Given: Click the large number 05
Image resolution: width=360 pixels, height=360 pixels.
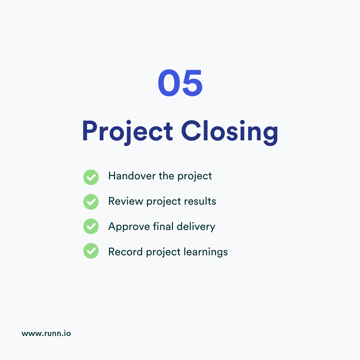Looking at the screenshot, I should (x=180, y=83).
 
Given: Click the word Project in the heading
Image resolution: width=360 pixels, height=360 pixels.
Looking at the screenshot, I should (x=127, y=131).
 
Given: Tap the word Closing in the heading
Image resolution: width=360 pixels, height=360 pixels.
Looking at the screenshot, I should (x=230, y=131).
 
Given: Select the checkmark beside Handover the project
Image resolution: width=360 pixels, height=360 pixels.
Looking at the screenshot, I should (x=91, y=177).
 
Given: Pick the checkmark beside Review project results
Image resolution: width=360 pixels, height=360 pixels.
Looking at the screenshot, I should (x=91, y=202).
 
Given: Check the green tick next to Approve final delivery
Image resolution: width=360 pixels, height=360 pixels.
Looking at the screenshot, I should (x=91, y=227).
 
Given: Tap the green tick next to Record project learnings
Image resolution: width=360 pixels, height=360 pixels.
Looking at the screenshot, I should (x=91, y=251).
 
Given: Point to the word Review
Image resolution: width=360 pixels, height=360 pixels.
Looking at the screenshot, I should (x=126, y=201).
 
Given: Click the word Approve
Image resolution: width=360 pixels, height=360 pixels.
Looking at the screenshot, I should (x=129, y=227).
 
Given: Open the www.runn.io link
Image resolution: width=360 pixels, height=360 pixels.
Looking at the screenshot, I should (x=46, y=333).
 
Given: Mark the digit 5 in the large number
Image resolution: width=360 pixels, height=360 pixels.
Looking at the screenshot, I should (x=192, y=83).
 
